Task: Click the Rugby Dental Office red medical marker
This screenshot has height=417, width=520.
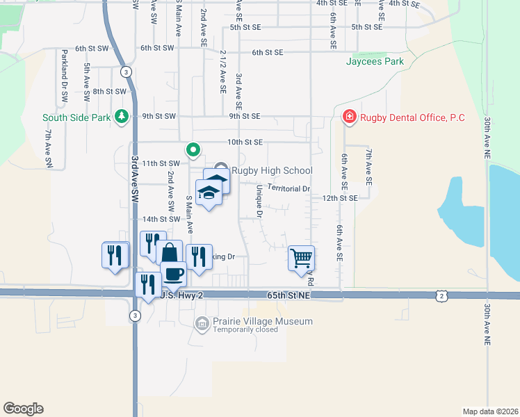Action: pos(349,117)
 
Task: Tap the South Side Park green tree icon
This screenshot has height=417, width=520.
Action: pos(122,116)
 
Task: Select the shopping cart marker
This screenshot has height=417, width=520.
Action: pos(301,258)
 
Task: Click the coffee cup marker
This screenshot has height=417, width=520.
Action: pos(173,273)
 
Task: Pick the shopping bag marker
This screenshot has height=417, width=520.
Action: pos(169,253)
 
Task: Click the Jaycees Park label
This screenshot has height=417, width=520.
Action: pos(375,61)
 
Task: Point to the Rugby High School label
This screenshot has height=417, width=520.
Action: pos(272,170)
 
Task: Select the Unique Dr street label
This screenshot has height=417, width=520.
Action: pos(259,201)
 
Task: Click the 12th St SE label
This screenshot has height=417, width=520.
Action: pos(339,198)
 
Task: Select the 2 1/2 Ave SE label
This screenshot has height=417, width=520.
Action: pos(222,71)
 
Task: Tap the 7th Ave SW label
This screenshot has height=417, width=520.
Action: pos(49,148)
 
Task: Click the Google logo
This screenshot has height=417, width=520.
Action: pos(23,409)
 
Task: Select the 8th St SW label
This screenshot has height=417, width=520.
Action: pos(110,91)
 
